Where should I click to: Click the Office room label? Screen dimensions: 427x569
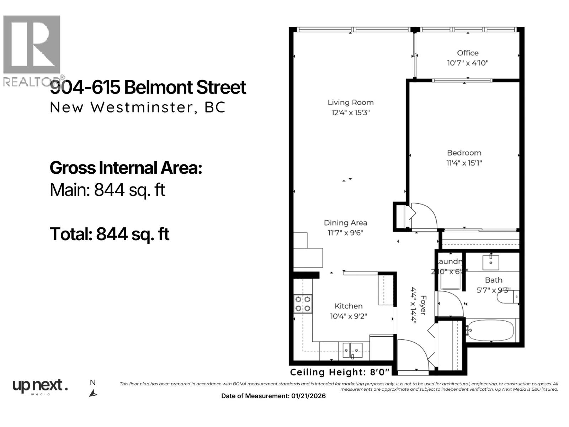point(467,53)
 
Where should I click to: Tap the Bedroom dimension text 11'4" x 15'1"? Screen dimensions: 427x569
point(464,163)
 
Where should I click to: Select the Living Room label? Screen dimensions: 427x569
point(350,102)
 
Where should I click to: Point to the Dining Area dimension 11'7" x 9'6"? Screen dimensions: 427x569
point(345,233)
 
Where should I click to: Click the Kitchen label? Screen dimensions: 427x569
point(349,306)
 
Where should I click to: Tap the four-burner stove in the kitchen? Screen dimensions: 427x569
point(303,304)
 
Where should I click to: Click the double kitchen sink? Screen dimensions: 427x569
point(352,350)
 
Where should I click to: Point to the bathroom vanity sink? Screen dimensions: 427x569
point(491,263)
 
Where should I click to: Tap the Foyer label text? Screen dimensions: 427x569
point(423,305)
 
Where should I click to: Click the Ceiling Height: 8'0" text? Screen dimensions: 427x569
point(340,372)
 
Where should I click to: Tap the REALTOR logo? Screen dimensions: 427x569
point(32,50)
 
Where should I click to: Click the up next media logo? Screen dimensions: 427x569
point(40,386)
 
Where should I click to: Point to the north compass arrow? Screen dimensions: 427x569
point(93,393)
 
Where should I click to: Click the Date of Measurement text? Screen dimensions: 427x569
point(273,396)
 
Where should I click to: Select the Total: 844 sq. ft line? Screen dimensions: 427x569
point(110,234)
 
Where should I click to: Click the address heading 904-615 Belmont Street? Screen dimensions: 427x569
point(148,88)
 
